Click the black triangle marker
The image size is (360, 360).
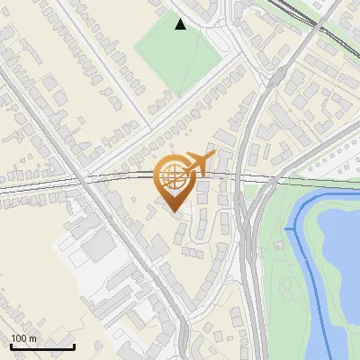coord(181,24)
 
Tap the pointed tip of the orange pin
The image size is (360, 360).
coord(173,212)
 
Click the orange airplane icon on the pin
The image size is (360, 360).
coord(200,163)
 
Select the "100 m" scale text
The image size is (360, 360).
coord(24,339)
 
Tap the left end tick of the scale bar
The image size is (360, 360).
coord(11,346)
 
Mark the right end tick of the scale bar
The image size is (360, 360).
coord(74,346)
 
